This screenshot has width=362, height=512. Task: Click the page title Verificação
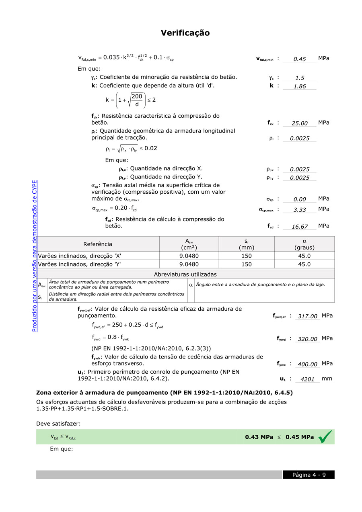(185, 33)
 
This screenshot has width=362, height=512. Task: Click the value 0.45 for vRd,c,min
(300, 59)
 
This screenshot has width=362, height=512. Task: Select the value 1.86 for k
(300, 86)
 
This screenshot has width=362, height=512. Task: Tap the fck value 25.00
(300, 123)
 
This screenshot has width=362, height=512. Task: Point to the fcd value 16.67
(300, 227)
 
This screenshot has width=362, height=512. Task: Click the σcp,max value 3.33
(300, 210)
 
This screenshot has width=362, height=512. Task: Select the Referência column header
(98, 244)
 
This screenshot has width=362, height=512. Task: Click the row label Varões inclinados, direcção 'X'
(80, 256)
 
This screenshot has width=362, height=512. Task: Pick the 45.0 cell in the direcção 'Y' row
(304, 264)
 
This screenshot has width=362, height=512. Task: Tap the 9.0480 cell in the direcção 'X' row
(189, 256)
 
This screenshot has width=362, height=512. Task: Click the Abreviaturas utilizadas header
(185, 274)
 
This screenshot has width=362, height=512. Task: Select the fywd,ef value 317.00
(307, 317)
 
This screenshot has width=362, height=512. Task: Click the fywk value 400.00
(307, 365)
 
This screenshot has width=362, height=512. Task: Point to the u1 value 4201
(307, 379)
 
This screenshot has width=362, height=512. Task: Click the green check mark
(325, 437)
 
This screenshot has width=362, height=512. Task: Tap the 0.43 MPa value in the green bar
(259, 437)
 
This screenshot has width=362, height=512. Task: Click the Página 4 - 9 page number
(309, 475)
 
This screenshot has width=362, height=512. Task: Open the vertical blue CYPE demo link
(35, 256)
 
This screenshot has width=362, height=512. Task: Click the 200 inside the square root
(137, 96)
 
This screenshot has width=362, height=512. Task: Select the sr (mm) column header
(246, 244)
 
